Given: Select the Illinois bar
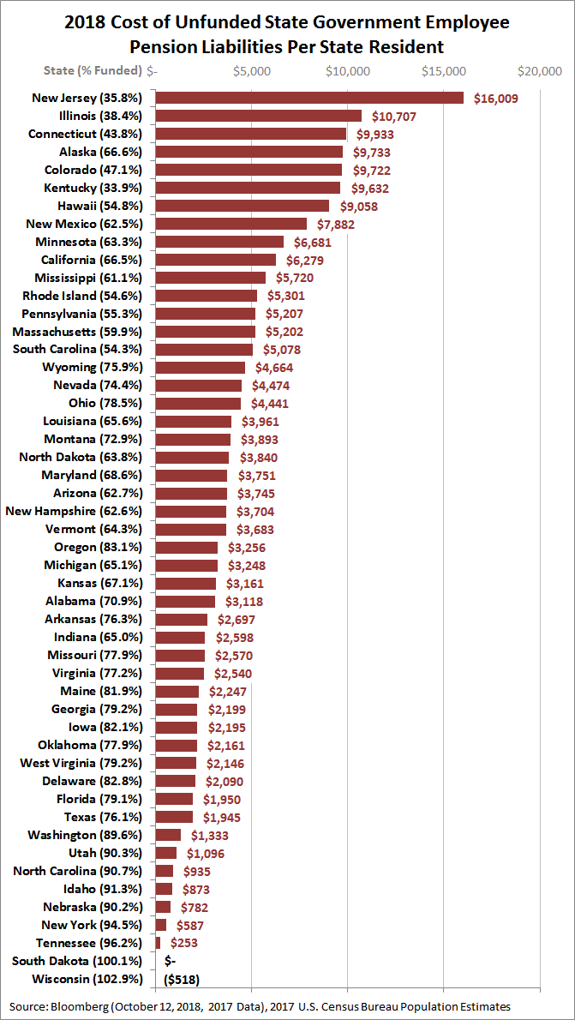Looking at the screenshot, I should tap(258, 116).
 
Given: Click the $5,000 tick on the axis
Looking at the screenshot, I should tap(252, 71).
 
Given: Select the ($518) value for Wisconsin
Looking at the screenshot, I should tap(181, 978).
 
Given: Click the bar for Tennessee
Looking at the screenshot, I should tap(158, 942).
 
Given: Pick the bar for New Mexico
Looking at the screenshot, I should tap(231, 224).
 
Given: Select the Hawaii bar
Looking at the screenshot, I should tap(243, 206).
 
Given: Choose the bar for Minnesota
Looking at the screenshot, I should tap(219, 242).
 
